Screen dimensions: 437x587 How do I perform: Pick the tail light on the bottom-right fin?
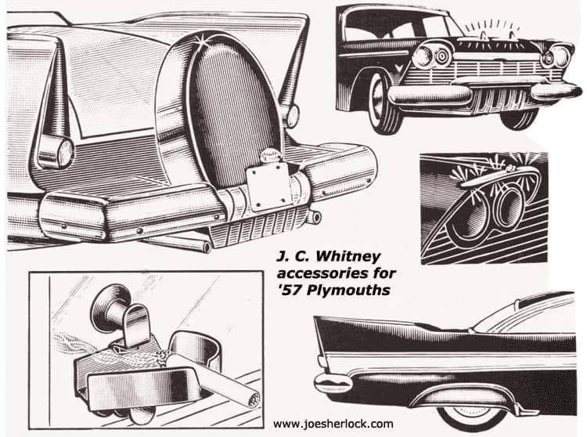pyautogui.click(x=332, y=382)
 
